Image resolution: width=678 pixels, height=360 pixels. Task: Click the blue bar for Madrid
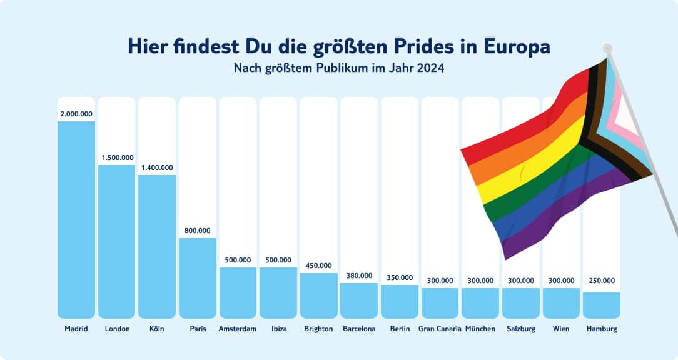tap(76, 219)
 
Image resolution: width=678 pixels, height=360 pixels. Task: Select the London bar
tap(116, 241)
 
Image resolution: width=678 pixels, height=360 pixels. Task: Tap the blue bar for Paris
tap(197, 277)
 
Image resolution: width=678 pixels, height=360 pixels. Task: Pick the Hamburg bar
tap(601, 305)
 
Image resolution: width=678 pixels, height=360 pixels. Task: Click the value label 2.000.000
tap(76, 114)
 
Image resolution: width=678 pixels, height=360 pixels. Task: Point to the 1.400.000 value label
tap(156, 167)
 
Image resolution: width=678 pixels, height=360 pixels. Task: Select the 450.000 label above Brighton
tap(318, 266)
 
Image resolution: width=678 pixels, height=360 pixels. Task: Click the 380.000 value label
tap(359, 276)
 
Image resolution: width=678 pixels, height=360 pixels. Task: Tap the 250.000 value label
tap(601, 281)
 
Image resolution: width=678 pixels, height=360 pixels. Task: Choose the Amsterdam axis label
tap(238, 329)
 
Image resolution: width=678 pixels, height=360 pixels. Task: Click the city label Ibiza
tap(278, 329)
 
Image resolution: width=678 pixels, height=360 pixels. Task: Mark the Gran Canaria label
tap(440, 329)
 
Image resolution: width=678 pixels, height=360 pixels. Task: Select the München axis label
tap(480, 329)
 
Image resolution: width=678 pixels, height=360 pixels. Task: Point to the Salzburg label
tap(520, 329)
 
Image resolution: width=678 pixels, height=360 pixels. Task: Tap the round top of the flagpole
tap(608, 48)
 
